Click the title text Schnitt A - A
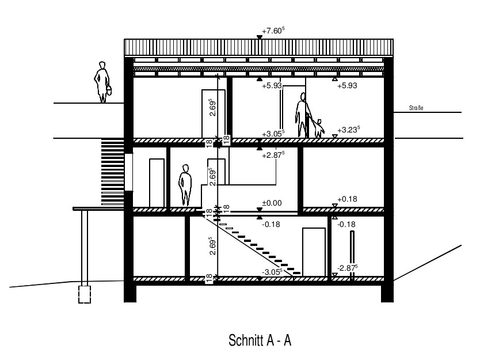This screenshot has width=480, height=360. click(260, 340)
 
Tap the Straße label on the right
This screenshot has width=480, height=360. click(416, 108)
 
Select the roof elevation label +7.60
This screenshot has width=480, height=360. click(273, 31)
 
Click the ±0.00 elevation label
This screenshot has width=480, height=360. click(272, 203)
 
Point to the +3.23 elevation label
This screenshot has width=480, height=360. click(348, 130)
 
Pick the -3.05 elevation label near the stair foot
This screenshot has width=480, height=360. click(273, 272)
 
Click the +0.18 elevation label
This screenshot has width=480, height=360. click(347, 199)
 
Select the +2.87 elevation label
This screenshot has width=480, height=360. click(273, 155)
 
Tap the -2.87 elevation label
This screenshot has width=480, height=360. click(348, 268)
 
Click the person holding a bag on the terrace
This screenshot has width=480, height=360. click(102, 82)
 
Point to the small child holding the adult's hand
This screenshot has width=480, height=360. click(318, 128)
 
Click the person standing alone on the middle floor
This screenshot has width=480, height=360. click(185, 185)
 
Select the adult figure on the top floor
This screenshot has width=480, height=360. click(303, 115)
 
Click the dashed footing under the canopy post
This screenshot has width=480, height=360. click(85, 294)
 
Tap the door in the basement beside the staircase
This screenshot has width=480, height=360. click(314, 252)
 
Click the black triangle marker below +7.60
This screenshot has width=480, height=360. click(260, 37)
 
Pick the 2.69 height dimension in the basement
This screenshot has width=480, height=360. click(212, 246)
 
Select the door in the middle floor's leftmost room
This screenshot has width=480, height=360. click(157, 183)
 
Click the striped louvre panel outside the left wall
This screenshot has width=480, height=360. click(113, 172)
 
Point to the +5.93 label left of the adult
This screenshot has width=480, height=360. click(272, 85)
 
